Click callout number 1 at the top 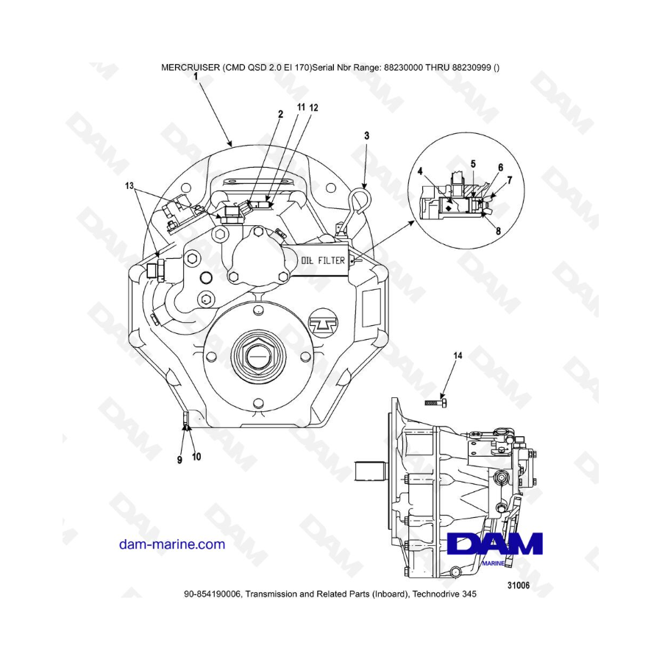tap(196, 75)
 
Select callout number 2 tap(280, 114)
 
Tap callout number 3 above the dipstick tap(367, 135)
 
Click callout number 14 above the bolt tap(458, 355)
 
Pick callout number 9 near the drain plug tap(179, 460)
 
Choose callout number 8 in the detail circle tap(498, 230)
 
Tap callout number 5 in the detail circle tap(473, 163)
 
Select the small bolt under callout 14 tap(435, 402)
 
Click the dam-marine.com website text tap(172, 544)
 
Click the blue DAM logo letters tap(494, 544)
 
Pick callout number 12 tap(314, 107)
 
